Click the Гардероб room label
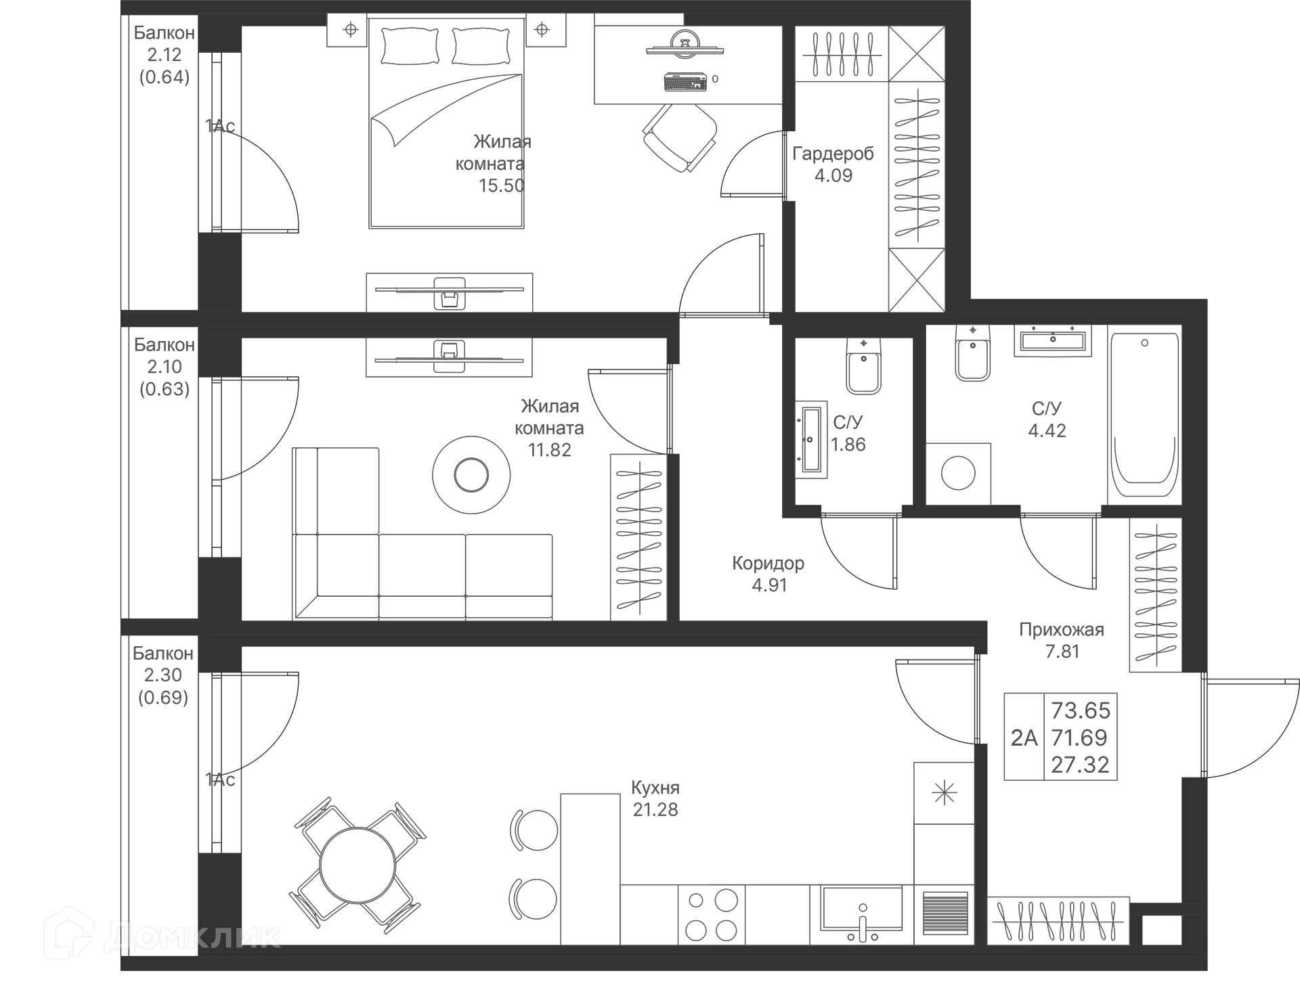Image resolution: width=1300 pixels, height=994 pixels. point(833,154)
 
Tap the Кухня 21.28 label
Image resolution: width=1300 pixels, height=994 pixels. point(655,798)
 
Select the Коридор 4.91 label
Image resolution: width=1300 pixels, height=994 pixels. point(768,574)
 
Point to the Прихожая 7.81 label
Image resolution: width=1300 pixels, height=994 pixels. point(1062,640)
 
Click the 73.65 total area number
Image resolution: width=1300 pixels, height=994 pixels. point(1081,710)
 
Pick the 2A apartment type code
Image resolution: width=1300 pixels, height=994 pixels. point(1024,738)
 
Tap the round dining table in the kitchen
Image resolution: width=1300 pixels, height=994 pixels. point(357,865)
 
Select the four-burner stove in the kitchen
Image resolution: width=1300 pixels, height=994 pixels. point(712,915)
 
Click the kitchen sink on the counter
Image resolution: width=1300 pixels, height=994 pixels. point(862,911)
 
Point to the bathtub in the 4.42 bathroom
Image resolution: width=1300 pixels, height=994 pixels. point(1144,414)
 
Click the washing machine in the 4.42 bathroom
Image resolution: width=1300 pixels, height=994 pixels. point(958,473)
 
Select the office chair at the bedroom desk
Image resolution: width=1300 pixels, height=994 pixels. point(679,137)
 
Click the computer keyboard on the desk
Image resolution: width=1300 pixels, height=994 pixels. point(685,82)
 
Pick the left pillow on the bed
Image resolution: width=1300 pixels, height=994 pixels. point(409,46)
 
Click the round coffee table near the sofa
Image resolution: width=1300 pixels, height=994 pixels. point(471,474)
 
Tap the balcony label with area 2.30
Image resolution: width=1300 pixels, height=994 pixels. point(163,675)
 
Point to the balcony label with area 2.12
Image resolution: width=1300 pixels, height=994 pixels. point(165,55)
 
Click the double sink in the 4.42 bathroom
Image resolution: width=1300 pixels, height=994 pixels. point(1052,340)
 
